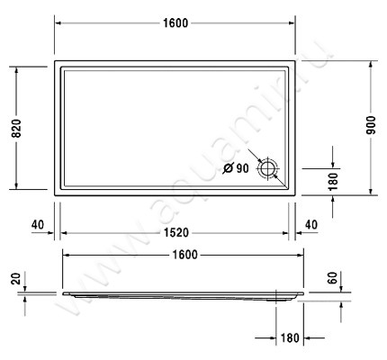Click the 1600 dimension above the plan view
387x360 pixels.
pyautogui.click(x=176, y=22)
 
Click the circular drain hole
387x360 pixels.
pyautogui.click(x=269, y=168)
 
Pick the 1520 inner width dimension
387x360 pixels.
pyautogui.click(x=176, y=232)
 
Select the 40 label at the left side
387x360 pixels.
pyautogui.click(x=37, y=224)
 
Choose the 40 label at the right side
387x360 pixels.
pyautogui.click(x=311, y=224)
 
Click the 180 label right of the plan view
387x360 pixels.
pyautogui.click(x=333, y=181)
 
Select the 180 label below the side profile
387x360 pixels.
pyautogui.click(x=289, y=339)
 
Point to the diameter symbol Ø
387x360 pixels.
pyautogui.click(x=228, y=168)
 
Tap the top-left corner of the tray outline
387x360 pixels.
pyautogui.click(x=56, y=62)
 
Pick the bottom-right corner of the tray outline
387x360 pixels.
pyautogui.click(x=297, y=192)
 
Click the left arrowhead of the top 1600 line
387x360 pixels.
pyautogui.click(x=58, y=22)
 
